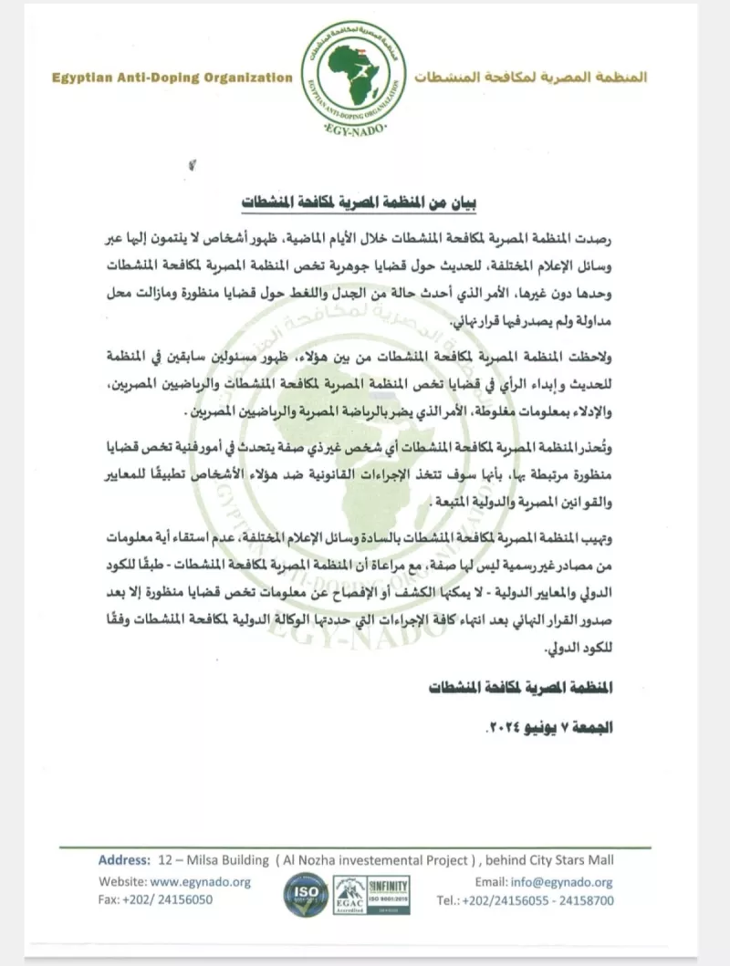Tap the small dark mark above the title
coord(192,165)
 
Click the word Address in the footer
coord(123,860)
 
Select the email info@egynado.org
coord(563,882)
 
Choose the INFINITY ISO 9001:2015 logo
coord(388,890)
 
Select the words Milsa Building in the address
coord(226,860)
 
